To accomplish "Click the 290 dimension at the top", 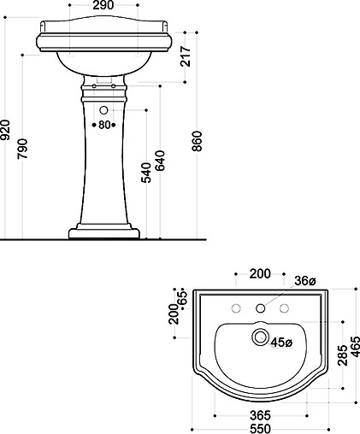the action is (103, 5).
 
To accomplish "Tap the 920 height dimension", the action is (5, 130).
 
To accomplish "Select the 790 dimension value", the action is (22, 149).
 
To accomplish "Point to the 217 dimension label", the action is (186, 56).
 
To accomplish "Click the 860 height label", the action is (197, 141).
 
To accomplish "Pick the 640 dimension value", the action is (160, 161).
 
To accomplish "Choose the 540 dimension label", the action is (146, 173).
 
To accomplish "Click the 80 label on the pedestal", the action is (104, 125).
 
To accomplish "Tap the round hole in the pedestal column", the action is (103, 110).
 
